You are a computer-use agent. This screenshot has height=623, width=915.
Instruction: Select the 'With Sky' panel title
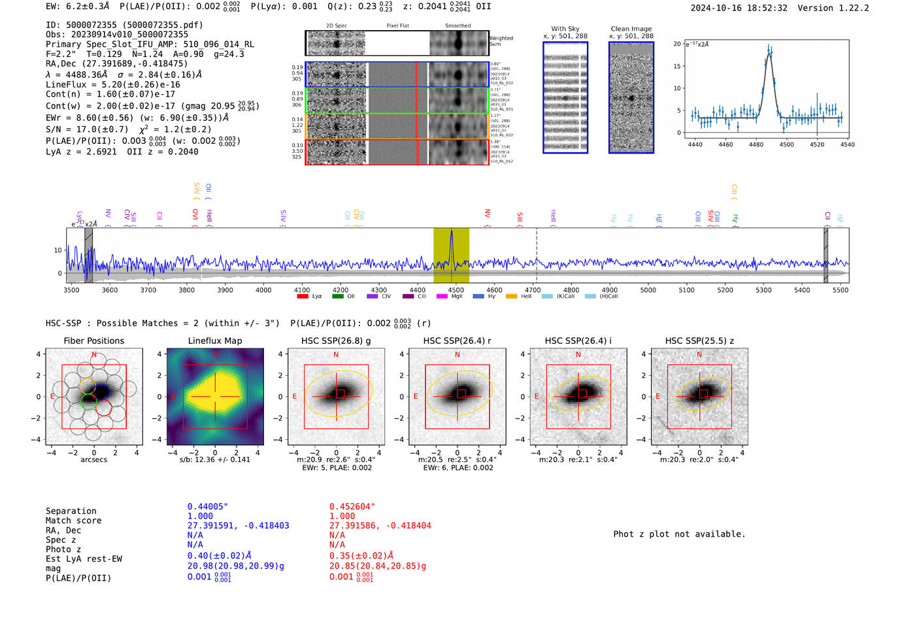(x=565, y=29)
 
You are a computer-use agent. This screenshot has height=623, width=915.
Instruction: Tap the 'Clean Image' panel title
(x=631, y=29)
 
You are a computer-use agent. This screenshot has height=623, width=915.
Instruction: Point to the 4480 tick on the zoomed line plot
(x=756, y=144)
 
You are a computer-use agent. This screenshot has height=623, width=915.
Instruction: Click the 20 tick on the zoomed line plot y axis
(x=677, y=44)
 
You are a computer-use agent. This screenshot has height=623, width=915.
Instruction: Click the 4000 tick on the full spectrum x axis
(x=263, y=290)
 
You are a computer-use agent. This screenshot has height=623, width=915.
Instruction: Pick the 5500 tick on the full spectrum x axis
(x=840, y=290)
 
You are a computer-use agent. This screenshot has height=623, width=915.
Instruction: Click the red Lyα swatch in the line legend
(x=302, y=296)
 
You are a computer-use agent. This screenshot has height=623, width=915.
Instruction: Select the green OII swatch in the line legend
(x=337, y=296)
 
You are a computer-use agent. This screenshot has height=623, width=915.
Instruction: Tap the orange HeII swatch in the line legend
(x=511, y=296)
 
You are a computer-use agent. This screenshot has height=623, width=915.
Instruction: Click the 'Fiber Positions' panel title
(x=93, y=341)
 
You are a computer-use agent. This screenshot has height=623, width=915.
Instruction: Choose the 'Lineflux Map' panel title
(x=214, y=341)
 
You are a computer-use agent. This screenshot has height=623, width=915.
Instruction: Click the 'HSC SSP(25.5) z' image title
(x=699, y=341)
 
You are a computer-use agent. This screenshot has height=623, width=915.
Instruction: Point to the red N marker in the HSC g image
(x=336, y=354)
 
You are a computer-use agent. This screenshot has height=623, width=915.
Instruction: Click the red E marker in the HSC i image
(x=537, y=396)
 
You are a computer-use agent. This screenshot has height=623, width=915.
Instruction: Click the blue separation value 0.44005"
(x=207, y=507)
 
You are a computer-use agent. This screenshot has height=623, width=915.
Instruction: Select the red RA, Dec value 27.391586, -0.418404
(x=380, y=526)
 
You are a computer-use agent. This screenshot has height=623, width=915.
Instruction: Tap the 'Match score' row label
(x=73, y=520)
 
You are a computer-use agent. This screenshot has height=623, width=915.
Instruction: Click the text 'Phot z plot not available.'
(x=679, y=534)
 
